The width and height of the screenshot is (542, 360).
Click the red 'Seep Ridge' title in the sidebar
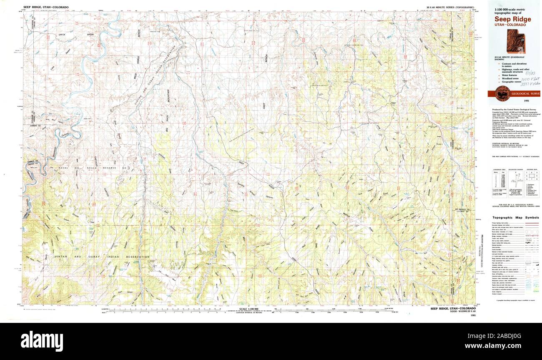[x=513, y=19]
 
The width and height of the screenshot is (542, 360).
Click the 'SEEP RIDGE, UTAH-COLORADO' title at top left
[x=46, y=8]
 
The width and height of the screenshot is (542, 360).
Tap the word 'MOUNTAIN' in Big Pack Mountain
[x=168, y=99]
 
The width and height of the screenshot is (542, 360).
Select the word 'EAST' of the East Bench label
[x=264, y=106]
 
